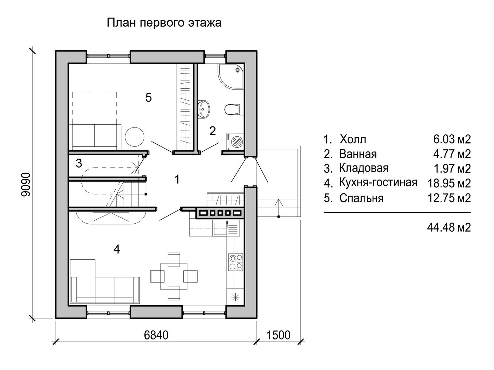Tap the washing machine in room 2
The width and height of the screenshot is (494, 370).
click(235, 141)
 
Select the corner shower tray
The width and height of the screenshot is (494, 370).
click(231, 76)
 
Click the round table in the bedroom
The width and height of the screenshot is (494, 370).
click(134, 137)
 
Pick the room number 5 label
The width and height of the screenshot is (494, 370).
click(148, 98)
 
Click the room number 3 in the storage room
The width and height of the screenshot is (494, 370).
click(79, 163)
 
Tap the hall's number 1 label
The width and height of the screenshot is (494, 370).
click(177, 180)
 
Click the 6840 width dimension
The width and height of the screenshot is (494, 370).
click(156, 335)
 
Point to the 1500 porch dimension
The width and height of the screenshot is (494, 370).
click(278, 335)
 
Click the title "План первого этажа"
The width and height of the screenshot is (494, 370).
click(164, 23)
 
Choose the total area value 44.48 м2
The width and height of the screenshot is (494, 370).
click(449, 227)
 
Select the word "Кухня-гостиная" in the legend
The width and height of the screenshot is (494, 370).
click(378, 183)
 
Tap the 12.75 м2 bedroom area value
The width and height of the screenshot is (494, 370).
click(449, 198)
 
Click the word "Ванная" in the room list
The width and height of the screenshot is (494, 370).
click(358, 154)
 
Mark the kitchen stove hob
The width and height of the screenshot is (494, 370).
click(236, 262)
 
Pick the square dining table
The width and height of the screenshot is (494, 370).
click(174, 276)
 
